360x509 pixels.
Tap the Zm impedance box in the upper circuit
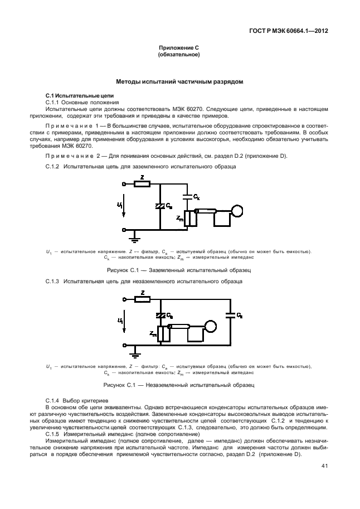[188, 219]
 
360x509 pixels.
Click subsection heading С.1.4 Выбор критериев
[74, 401]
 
